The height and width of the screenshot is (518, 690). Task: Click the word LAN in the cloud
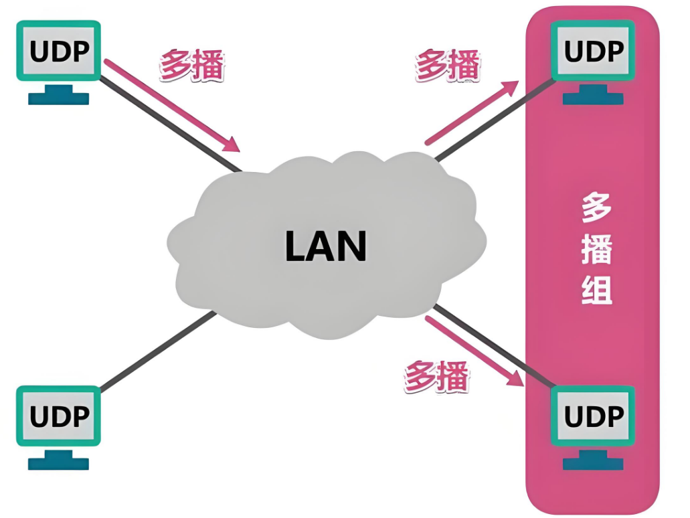point(326,246)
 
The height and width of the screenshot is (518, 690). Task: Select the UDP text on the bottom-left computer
point(59,416)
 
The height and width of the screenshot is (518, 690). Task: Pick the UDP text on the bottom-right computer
point(594,416)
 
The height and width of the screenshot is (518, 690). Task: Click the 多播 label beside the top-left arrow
point(192,66)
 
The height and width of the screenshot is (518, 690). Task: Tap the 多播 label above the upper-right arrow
point(448,66)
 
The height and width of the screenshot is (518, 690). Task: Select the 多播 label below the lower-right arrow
point(436,377)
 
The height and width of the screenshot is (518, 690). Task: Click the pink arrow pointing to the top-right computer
point(472,112)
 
